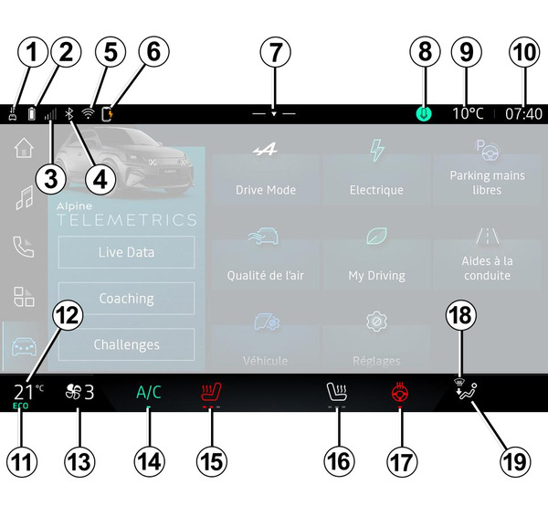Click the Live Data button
tap(126, 252)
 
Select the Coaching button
tap(126, 299)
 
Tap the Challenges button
tap(126, 344)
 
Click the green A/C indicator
tap(148, 393)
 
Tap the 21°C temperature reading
tap(27, 393)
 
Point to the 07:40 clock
tap(523, 114)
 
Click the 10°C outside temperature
tap(469, 114)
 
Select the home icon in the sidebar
tap(24, 149)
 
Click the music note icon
tap(24, 197)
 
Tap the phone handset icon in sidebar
tap(24, 247)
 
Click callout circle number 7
tap(272, 53)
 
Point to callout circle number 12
tap(68, 316)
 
